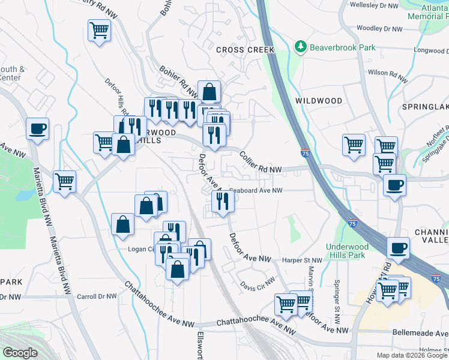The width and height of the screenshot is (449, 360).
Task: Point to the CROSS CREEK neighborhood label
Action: [245, 50]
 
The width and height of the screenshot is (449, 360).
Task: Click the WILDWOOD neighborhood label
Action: [319, 101]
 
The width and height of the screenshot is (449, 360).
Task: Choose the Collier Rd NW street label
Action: [260, 162]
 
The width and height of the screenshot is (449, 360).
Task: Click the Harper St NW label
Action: [302, 260]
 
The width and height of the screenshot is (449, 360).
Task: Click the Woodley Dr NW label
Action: [378, 28]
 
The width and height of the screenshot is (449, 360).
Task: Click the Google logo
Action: [19, 353]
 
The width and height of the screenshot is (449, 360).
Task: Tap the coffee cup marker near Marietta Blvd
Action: [37, 128]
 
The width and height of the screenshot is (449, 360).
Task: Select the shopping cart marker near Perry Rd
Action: [100, 30]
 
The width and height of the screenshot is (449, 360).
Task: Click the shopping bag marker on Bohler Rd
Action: [209, 92]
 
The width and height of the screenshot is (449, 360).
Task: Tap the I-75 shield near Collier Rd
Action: [305, 154]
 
